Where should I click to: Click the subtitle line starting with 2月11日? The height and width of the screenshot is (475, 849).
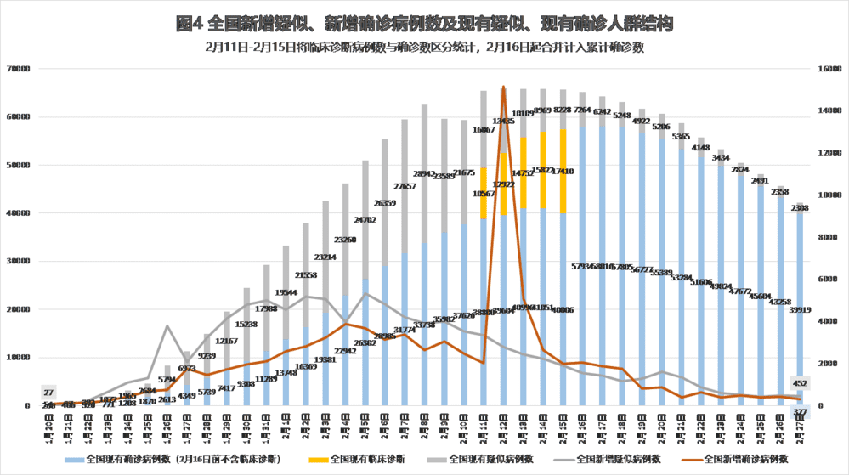tap(424, 48)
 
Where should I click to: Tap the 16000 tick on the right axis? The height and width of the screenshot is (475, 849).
tap(825, 69)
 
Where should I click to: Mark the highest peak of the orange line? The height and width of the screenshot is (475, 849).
tap(503, 87)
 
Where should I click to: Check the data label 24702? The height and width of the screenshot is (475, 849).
tap(365, 220)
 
